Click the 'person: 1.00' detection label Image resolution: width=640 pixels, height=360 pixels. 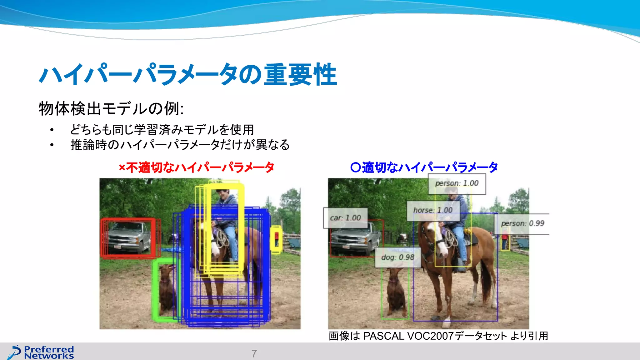(x=457, y=184)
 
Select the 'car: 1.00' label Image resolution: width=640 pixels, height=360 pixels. (x=345, y=218)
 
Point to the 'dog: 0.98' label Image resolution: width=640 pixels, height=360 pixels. (x=397, y=257)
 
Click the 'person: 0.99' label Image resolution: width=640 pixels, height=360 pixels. (x=522, y=224)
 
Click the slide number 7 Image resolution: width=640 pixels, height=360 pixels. (x=254, y=353)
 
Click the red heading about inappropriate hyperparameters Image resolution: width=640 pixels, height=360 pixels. (x=196, y=168)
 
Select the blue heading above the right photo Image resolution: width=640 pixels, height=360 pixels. (x=424, y=168)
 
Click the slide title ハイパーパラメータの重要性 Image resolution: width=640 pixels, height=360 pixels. (x=188, y=75)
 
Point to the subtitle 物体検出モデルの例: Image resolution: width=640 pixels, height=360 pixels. (x=111, y=109)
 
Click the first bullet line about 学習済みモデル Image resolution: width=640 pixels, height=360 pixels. (x=162, y=130)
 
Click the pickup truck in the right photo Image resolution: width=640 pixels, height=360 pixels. (x=353, y=239)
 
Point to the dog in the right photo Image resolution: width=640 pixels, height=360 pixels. (x=395, y=291)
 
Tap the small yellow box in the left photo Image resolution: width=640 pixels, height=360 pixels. (x=276, y=239)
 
